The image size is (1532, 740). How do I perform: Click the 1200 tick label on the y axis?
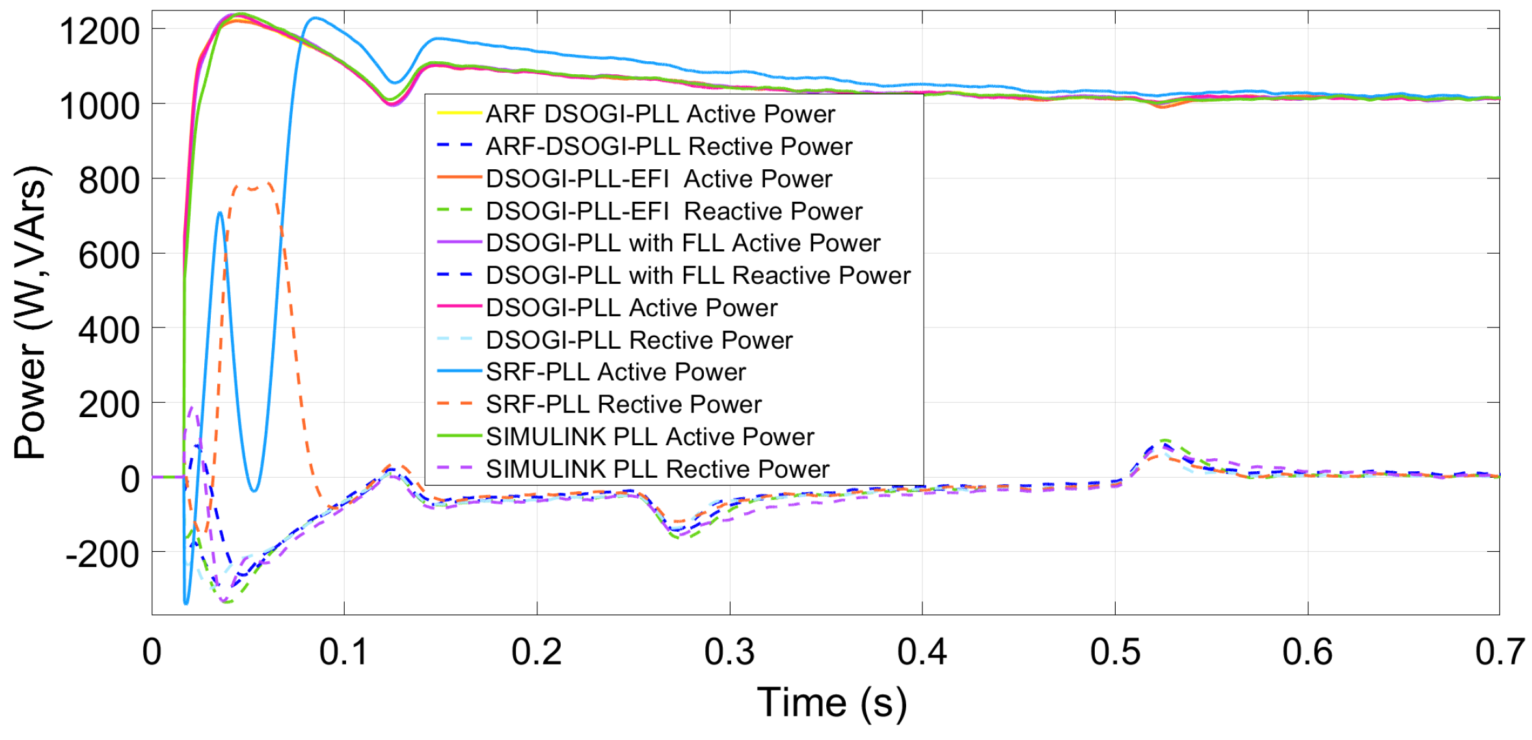[x=99, y=31]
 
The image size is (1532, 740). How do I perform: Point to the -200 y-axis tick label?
[x=102, y=554]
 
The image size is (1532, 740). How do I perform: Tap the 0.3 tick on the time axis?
[x=729, y=651]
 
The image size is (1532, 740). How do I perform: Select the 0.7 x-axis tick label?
[x=1499, y=651]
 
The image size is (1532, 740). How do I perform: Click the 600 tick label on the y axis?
[x=109, y=255]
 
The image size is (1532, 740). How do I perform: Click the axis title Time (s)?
[x=831, y=703]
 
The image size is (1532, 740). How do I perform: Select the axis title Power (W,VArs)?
[x=31, y=312]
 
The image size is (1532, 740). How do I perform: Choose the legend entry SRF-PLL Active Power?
[x=615, y=372]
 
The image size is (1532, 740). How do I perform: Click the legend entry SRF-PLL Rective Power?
[x=623, y=404]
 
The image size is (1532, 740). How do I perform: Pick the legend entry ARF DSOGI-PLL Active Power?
[x=660, y=114]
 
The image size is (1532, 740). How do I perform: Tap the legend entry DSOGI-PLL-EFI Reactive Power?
[x=673, y=211]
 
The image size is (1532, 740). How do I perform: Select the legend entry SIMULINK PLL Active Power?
[x=649, y=437]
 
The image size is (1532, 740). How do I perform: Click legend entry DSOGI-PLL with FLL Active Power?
[x=682, y=243]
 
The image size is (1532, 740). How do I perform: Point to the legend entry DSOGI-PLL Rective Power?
[x=639, y=340]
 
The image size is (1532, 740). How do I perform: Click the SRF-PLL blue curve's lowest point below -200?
[x=186, y=603]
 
